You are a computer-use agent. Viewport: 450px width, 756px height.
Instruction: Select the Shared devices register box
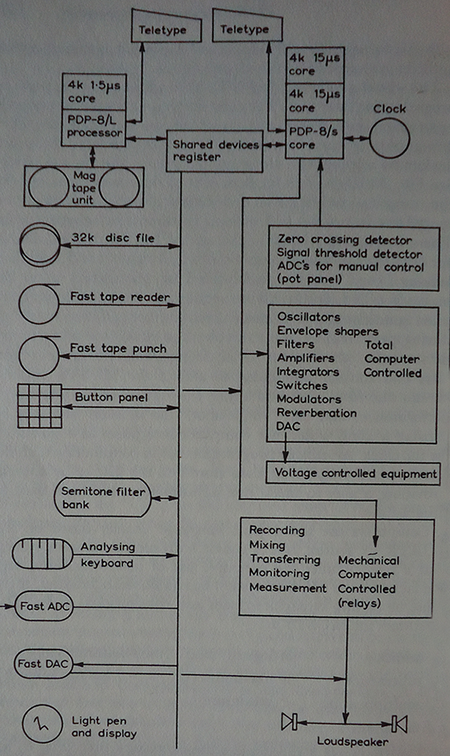coord(214,151)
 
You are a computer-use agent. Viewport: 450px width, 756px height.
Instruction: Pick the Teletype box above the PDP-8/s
coord(247,28)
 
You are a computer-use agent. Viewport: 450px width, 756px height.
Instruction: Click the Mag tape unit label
coord(84,187)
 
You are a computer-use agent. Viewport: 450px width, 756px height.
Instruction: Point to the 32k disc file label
coord(113,238)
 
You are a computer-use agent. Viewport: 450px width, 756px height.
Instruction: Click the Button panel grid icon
coord(39,406)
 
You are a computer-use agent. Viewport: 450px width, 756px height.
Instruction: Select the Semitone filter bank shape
coord(102,498)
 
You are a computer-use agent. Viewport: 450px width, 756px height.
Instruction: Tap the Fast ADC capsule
coord(44,606)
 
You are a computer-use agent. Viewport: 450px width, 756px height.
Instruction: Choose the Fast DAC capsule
coord(43,664)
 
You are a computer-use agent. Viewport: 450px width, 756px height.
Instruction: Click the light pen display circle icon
coord(43,723)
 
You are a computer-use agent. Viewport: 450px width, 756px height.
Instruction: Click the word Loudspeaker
coord(352,742)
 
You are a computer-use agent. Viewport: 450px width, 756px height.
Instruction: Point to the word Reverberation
coord(316,413)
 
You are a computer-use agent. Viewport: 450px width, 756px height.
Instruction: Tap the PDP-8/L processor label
coord(95,126)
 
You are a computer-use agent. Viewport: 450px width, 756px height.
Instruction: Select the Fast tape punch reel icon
coord(39,356)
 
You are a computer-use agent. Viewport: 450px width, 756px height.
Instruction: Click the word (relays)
coord(359,603)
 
